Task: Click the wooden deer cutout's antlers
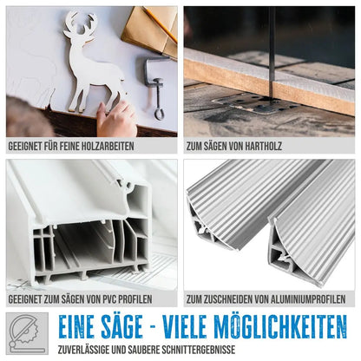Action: tap(80, 23)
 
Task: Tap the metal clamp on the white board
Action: tap(156, 85)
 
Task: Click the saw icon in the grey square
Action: tap(27, 333)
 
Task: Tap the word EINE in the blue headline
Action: tap(75, 327)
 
